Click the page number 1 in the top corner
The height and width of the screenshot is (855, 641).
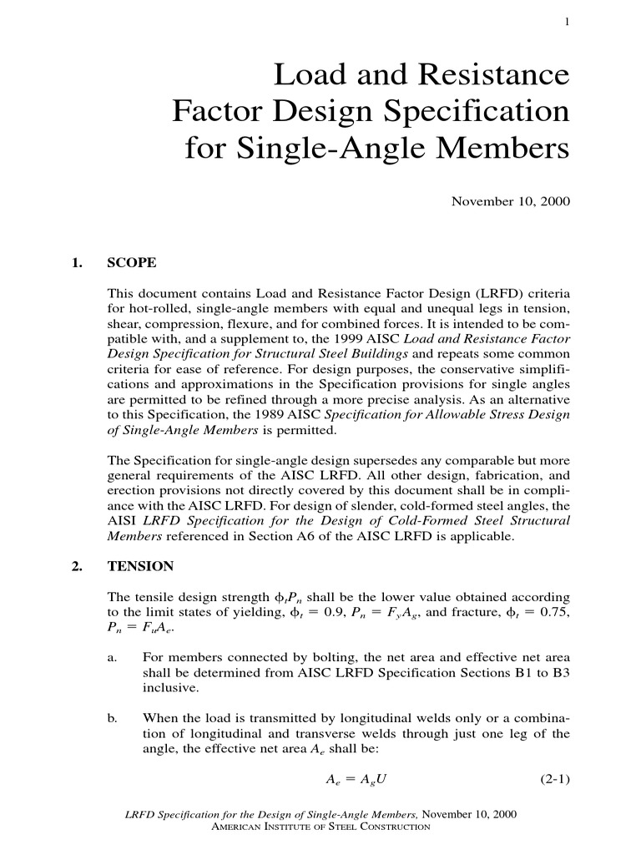(x=567, y=23)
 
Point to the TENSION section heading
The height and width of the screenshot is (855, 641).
(x=140, y=566)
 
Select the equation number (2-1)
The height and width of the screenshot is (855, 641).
(x=551, y=781)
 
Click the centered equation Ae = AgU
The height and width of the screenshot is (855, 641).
(x=355, y=781)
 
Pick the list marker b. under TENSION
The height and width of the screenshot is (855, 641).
(x=114, y=716)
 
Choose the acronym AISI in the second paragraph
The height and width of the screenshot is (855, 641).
(x=123, y=520)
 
